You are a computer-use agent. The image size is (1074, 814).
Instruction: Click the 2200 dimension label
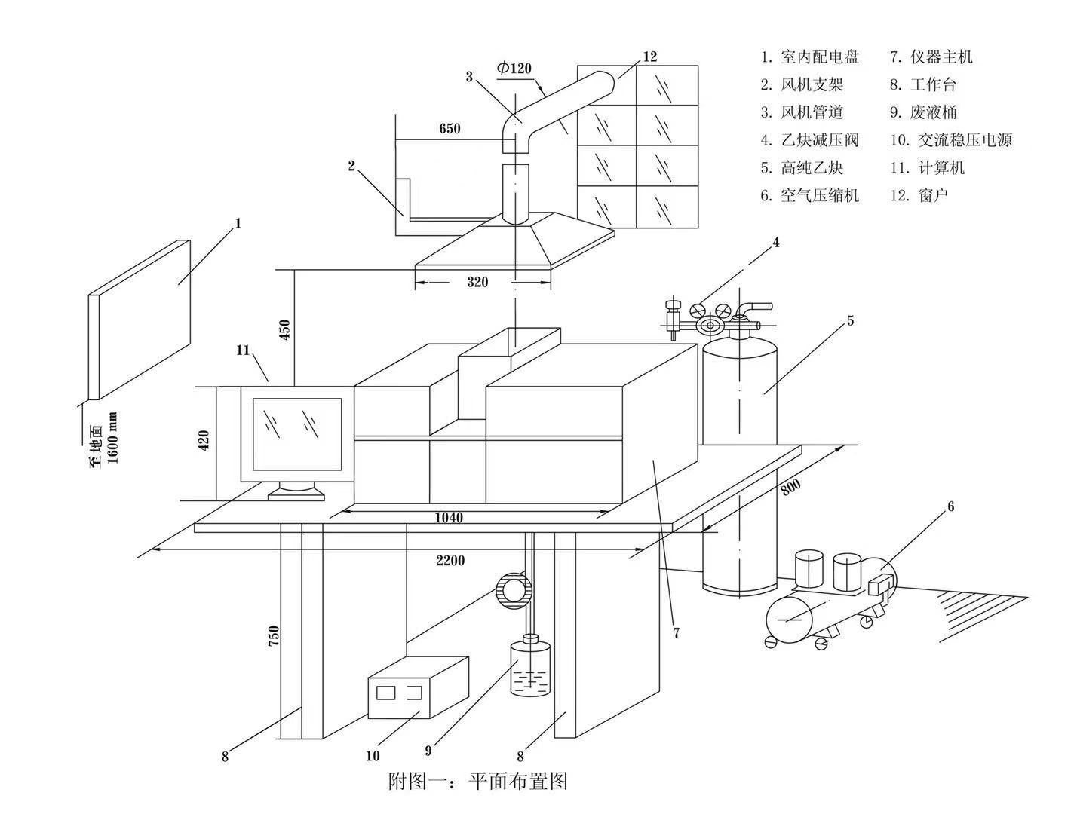(450, 561)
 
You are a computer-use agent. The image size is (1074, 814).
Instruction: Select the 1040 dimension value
(449, 518)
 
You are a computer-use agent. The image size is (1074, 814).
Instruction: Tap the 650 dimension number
(450, 129)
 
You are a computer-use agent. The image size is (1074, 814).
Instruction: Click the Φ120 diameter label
(514, 69)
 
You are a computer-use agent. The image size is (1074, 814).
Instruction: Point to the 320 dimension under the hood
(477, 283)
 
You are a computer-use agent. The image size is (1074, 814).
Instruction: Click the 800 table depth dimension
(790, 488)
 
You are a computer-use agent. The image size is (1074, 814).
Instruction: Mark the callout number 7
(676, 633)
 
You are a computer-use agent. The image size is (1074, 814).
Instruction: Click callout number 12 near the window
(650, 57)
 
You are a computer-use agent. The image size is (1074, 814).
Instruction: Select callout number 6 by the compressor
(950, 507)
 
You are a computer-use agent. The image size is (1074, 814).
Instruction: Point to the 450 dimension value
(284, 328)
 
